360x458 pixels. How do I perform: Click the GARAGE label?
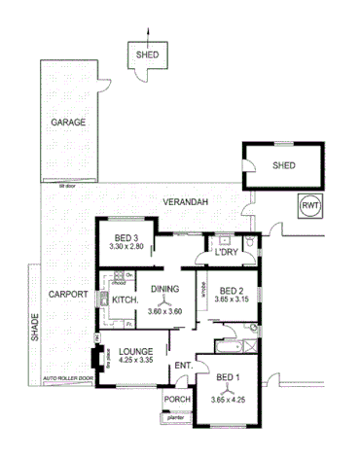click(70, 123)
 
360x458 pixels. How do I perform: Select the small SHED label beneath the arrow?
click(146, 55)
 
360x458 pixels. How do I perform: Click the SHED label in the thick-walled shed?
click(283, 165)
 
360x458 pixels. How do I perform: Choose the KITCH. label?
click(125, 300)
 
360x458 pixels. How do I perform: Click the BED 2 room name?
click(232, 291)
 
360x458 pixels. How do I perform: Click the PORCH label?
click(176, 400)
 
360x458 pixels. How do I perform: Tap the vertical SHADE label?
click(36, 324)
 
